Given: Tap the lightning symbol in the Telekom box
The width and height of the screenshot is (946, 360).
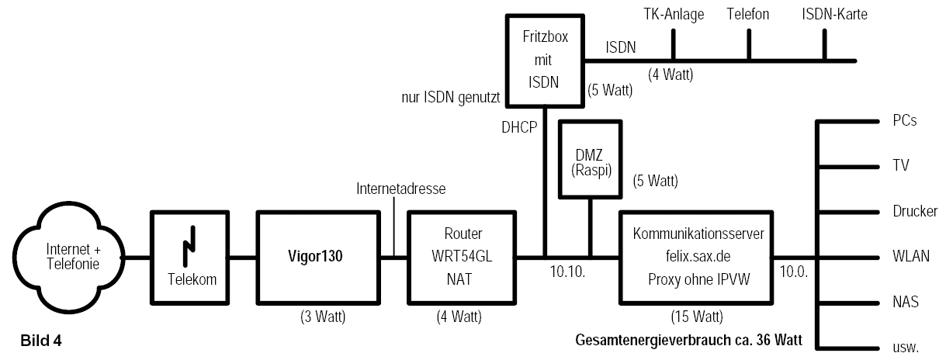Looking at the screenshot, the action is tap(189, 247).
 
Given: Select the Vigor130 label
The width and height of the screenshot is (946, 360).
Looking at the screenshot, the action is tap(315, 256).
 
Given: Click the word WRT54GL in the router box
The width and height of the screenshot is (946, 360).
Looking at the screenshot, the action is tap(462, 256).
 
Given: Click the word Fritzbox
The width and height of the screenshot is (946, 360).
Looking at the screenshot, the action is tap(546, 36).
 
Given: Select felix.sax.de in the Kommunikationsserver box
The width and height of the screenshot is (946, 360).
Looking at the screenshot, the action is tap(698, 256).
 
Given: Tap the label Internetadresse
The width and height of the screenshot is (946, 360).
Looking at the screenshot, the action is tap(400, 189).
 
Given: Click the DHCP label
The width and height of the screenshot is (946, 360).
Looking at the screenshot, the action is tap(519, 127).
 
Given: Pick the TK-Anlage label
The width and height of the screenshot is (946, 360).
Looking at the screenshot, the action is tap(674, 14).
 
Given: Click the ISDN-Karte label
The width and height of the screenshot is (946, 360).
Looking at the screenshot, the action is tap(834, 14).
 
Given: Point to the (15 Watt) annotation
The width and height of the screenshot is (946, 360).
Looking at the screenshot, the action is tap(697, 316).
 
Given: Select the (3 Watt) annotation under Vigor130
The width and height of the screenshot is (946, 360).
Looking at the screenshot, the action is tap(323, 316).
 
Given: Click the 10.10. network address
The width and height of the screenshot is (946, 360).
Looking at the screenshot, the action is tap(567, 272).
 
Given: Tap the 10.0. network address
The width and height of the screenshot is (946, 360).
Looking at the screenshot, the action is tap(794, 272).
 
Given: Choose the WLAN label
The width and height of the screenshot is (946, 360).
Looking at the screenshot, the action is tap(911, 256).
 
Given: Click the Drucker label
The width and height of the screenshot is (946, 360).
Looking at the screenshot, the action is tap(915, 211).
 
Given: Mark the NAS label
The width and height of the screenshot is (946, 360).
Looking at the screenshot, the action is tap(906, 302).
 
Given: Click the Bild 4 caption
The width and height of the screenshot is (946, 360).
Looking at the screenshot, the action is tap(41, 341).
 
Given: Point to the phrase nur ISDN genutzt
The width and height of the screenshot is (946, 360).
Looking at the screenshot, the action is tap(451, 98).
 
